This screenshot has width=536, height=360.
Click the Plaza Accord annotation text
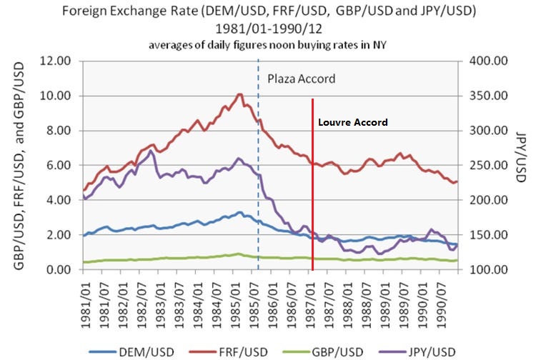pyautogui.click(x=300, y=79)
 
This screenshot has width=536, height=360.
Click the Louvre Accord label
pyautogui.click(x=353, y=122)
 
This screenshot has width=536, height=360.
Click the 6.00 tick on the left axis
pyautogui.click(x=62, y=166)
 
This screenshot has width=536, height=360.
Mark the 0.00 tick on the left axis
pyautogui.click(x=62, y=270)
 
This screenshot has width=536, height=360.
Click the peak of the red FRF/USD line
pyautogui.click(x=240, y=94)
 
